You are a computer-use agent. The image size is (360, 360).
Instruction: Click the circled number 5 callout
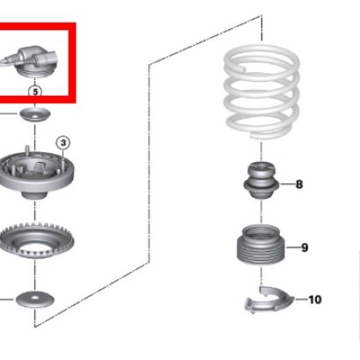click(x=35, y=92)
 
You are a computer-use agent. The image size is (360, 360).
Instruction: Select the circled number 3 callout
click(x=63, y=143)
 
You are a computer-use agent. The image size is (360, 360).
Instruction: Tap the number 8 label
click(x=299, y=185)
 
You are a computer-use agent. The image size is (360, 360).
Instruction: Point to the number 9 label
click(x=305, y=247)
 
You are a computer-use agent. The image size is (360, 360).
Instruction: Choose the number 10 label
click(x=315, y=299)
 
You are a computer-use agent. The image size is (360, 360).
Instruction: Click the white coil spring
click(x=261, y=92)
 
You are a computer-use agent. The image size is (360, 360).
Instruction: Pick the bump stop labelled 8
click(x=261, y=180)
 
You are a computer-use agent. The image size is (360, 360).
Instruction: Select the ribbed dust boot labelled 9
click(x=261, y=245)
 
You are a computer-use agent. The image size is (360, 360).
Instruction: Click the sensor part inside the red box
click(x=29, y=62)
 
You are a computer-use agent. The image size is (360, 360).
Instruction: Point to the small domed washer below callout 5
click(x=35, y=114)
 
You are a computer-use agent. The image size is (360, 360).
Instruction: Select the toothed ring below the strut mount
click(x=36, y=241)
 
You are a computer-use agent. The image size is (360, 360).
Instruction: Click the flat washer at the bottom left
click(x=35, y=299)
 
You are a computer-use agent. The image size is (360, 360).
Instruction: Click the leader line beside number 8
click(x=287, y=185)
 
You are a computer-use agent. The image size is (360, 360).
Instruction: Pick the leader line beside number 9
click(x=293, y=247)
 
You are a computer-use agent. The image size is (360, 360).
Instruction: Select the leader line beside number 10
click(x=301, y=299)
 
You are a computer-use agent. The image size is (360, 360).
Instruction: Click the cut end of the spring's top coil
click(x=242, y=68)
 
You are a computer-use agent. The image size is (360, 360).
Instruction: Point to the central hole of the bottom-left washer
click(x=35, y=298)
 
